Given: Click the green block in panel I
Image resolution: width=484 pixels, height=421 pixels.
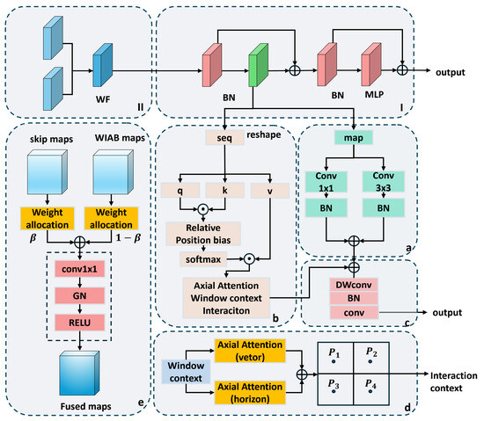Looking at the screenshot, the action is click(x=259, y=65).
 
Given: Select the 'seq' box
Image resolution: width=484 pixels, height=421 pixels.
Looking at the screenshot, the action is click(x=224, y=138).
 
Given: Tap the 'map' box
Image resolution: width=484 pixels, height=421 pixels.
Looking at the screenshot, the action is click(x=354, y=137).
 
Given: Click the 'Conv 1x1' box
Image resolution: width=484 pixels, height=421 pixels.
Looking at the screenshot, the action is click(x=326, y=182).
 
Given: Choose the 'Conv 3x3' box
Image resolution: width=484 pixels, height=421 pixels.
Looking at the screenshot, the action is click(x=384, y=182).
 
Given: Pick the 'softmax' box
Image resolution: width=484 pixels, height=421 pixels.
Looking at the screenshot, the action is click(x=203, y=259).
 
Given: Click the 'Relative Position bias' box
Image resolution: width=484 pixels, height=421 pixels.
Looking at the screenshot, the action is click(x=203, y=234).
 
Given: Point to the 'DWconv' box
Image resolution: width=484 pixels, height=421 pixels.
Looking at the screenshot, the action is click(x=354, y=285).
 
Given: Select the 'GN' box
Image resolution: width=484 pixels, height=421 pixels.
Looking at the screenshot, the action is click(x=79, y=295).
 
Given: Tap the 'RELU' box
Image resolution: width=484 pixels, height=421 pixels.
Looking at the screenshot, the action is click(x=79, y=323).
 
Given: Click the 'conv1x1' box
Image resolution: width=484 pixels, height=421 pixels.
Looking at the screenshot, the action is click(x=79, y=269).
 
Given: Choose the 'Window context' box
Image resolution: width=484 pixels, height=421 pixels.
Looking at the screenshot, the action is click(x=186, y=372).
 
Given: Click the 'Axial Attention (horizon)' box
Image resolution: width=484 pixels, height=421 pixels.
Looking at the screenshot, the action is click(x=250, y=393).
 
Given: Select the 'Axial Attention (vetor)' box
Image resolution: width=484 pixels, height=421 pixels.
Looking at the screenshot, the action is click(x=250, y=351).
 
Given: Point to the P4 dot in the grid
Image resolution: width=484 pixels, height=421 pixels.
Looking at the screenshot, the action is click(x=370, y=391).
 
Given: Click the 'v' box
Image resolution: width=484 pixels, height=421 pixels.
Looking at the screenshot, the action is click(x=270, y=191).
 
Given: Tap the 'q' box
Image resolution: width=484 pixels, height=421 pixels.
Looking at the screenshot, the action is click(x=180, y=190).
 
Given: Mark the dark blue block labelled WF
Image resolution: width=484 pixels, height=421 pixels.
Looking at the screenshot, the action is click(x=103, y=65).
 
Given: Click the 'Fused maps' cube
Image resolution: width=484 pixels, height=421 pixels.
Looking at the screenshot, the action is click(x=79, y=374).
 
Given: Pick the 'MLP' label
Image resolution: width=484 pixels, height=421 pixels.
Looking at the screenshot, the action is click(x=374, y=94).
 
